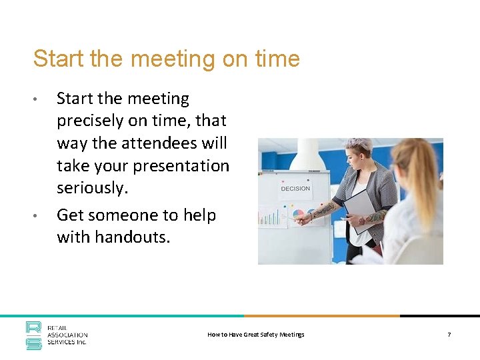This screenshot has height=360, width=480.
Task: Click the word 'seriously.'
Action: click(92, 188)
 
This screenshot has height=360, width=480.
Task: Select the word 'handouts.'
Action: click(132, 237)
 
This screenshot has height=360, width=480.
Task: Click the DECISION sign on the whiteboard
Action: click(295, 189)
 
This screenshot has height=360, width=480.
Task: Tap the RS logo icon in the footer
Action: click(33, 335)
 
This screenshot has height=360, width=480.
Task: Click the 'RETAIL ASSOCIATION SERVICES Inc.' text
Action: click(67, 335)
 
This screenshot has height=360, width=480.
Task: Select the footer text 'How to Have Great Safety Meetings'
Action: click(255, 335)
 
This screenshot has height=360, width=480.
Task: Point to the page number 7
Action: click(449, 335)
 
